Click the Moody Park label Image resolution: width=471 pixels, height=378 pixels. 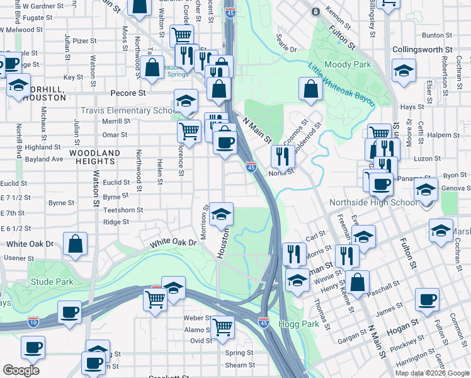pos(347,64)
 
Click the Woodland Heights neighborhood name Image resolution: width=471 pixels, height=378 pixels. pos(95,157)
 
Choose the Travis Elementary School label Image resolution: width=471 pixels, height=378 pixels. pos(128,111)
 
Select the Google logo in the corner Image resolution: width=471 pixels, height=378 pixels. pos(21,370)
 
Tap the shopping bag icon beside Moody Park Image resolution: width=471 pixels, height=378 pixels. pos(311,89)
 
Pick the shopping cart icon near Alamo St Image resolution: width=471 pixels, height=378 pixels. pos(222,328)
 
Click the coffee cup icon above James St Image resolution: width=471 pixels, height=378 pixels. pos(428,300)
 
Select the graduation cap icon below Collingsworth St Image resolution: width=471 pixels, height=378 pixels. pos(403,71)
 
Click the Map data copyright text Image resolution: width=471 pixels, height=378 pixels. pos(432,373)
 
